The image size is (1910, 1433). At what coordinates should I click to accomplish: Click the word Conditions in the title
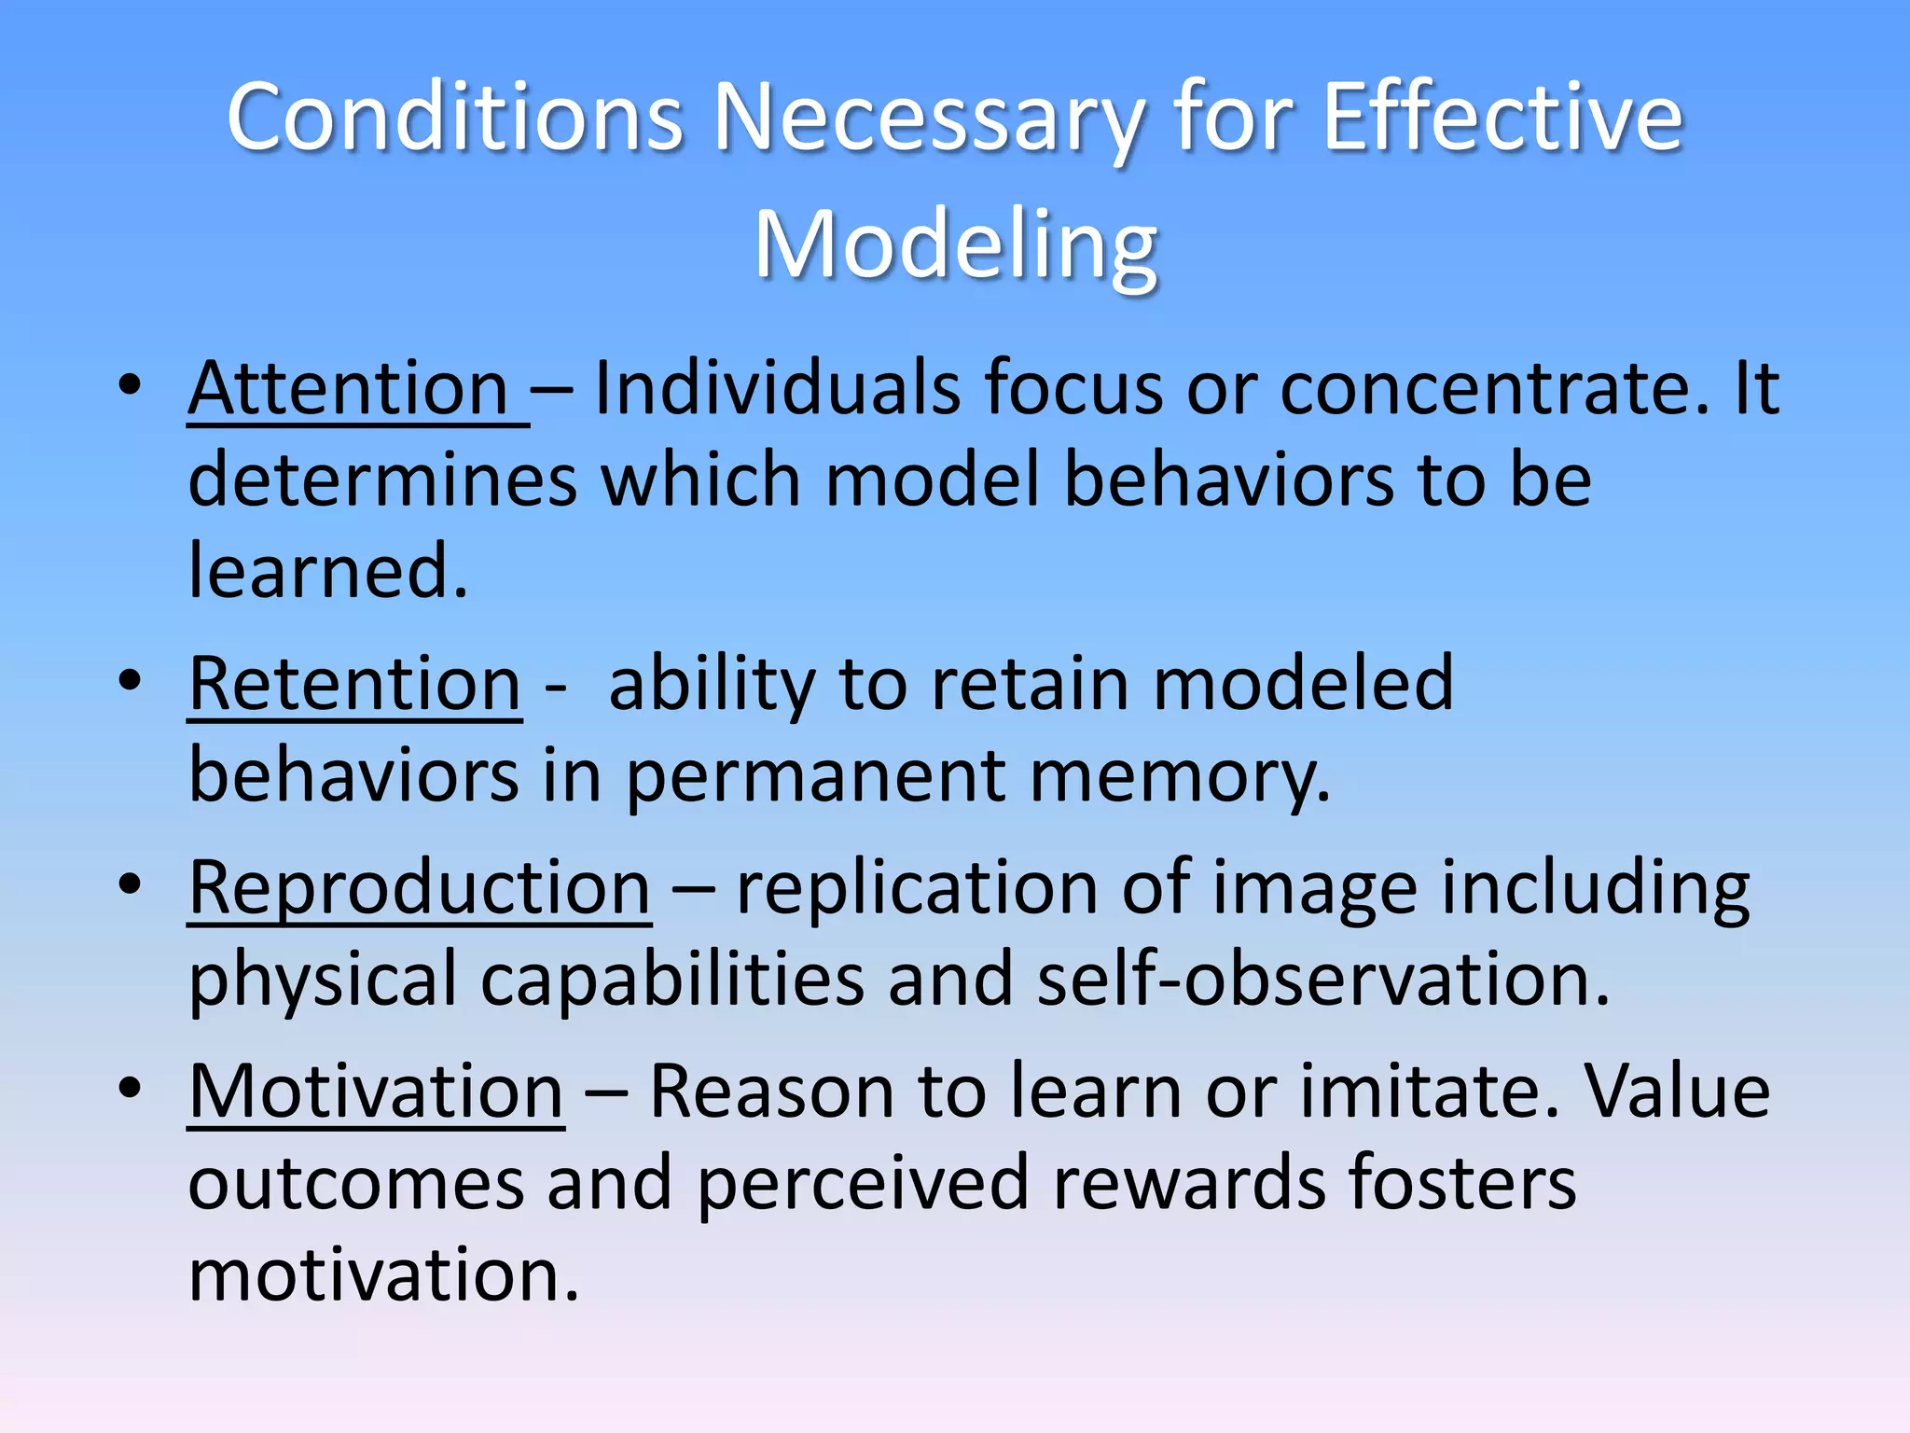pos(455,118)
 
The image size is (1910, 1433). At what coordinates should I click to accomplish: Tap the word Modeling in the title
pos(956,244)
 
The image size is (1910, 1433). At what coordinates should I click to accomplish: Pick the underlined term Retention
pos(354,684)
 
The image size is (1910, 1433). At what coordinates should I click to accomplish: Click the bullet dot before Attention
pos(130,384)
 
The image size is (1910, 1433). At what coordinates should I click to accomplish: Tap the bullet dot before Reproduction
pos(130,884)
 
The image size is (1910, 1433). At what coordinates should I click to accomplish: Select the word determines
pos(382,480)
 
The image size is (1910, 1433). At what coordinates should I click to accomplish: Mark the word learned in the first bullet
pos(326,571)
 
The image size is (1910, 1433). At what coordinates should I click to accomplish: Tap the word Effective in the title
pos(1502,118)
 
